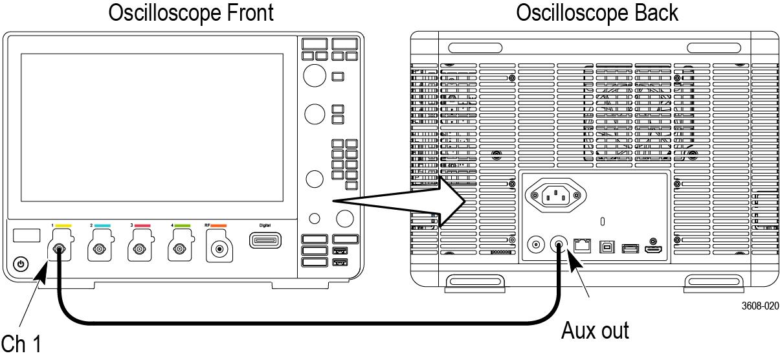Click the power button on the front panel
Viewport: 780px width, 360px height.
21,264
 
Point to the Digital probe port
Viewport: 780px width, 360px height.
265,242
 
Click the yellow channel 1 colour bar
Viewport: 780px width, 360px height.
63,226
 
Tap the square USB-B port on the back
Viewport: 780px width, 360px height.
607,247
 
